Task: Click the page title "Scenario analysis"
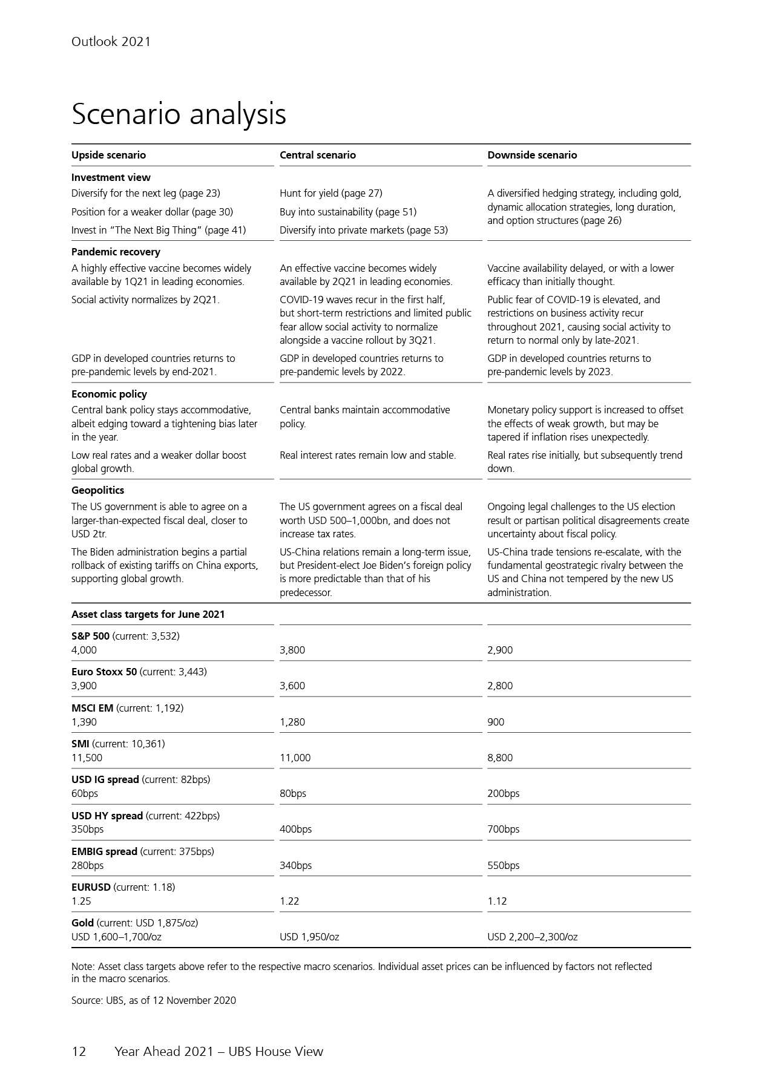pyautogui.click(x=179, y=114)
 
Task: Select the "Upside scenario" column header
pyautogui.click(x=108, y=155)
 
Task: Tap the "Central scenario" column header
pyautogui.click(x=317, y=155)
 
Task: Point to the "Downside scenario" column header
pyautogui.click(x=532, y=155)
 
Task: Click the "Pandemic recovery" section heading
pyautogui.click(x=116, y=252)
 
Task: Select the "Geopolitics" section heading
pyautogui.click(x=97, y=490)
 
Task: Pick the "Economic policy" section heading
pyautogui.click(x=109, y=394)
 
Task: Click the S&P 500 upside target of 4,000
pyautogui.click(x=84, y=650)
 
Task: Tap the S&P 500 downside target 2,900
pyautogui.click(x=500, y=650)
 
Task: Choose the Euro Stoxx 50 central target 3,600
pyautogui.click(x=292, y=686)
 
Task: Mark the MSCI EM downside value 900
pyautogui.click(x=496, y=722)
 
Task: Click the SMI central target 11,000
pyautogui.click(x=295, y=758)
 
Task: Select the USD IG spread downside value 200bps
pyautogui.click(x=503, y=793)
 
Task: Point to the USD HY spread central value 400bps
pyautogui.click(x=295, y=829)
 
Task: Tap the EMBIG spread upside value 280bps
pyautogui.click(x=87, y=865)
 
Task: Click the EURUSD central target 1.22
pyautogui.click(x=289, y=901)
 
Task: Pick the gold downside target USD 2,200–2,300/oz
pyautogui.click(x=532, y=937)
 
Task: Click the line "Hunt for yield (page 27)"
pyautogui.click(x=330, y=193)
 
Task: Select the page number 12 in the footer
pyautogui.click(x=79, y=1052)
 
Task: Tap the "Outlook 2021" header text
pyautogui.click(x=111, y=42)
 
